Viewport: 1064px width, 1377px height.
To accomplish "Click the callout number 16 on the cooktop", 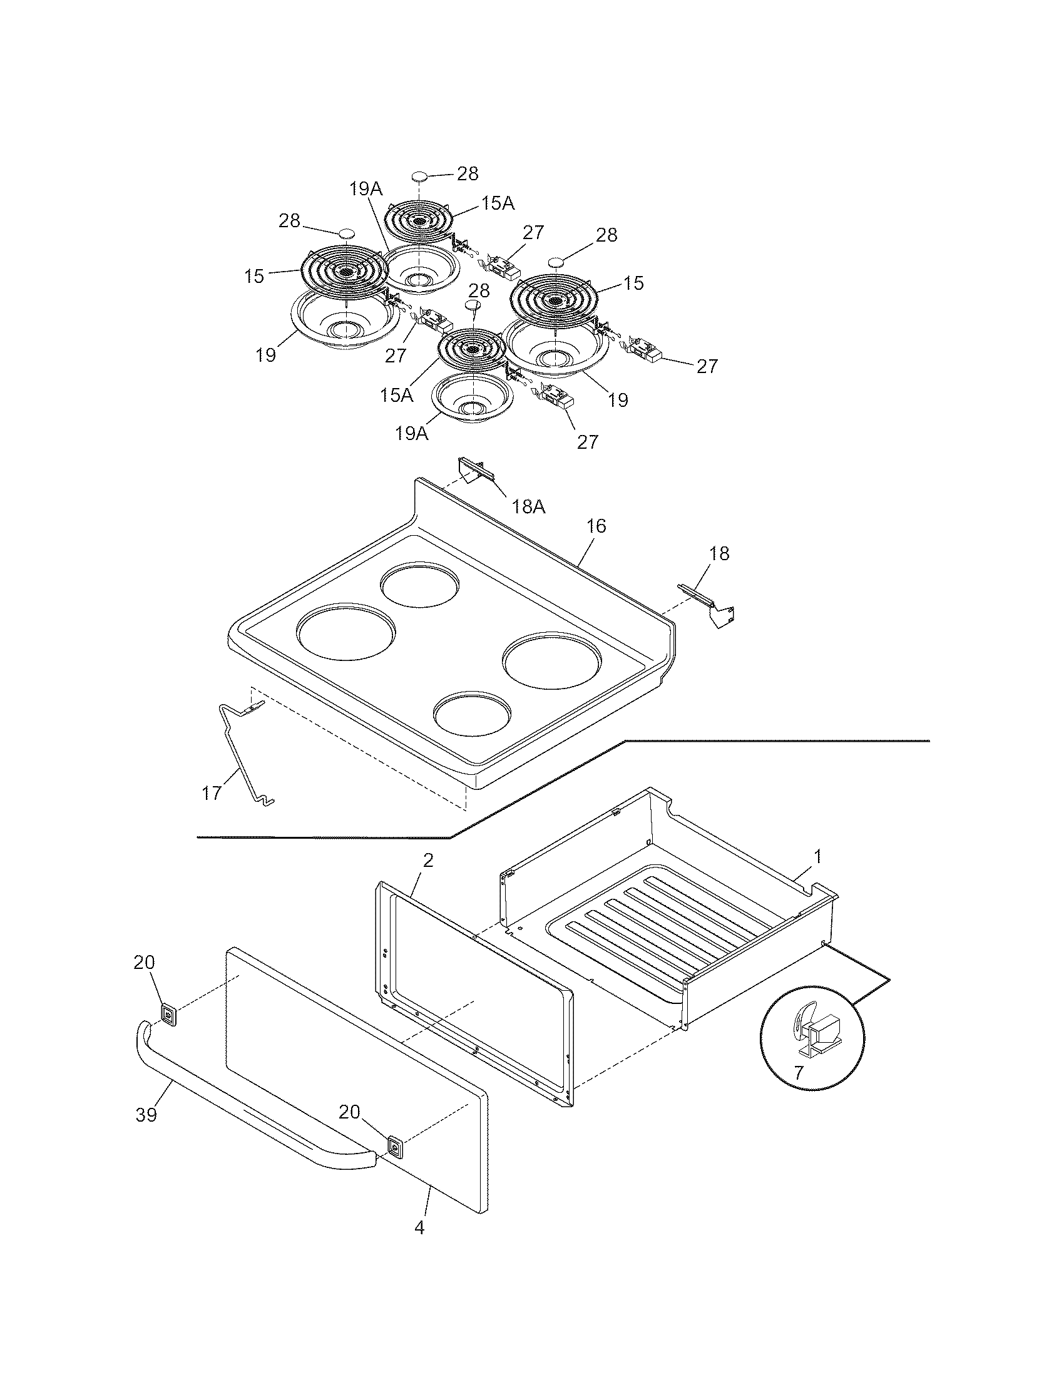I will (596, 526).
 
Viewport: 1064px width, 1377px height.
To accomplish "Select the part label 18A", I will (528, 506).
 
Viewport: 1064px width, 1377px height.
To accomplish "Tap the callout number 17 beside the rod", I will (212, 792).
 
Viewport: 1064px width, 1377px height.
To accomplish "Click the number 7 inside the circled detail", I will (799, 1072).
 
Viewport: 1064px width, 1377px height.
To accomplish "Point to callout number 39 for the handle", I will (146, 1115).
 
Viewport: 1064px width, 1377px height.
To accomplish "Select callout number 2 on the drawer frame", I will (428, 861).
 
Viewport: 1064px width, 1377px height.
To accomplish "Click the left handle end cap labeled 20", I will (168, 1015).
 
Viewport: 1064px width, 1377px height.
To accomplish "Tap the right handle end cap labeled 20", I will (394, 1147).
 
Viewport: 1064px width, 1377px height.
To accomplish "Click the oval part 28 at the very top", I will (420, 175).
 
